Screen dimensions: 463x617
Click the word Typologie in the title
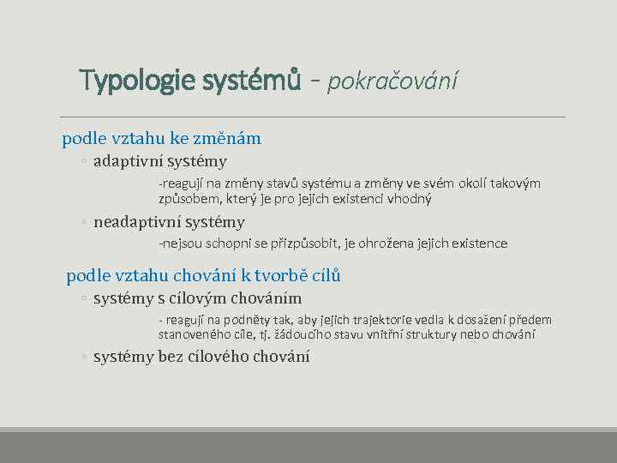137,81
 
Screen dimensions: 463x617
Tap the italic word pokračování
393,81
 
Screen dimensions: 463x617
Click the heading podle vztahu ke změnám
161,138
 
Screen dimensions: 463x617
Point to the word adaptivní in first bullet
128,161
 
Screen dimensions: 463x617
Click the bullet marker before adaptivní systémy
85,162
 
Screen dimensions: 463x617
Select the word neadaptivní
137,222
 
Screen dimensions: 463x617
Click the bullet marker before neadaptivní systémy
85,223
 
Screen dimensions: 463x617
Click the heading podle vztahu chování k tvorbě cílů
204,275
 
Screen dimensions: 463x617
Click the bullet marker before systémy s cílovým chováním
85,299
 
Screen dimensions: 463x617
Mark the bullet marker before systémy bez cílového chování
85,358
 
